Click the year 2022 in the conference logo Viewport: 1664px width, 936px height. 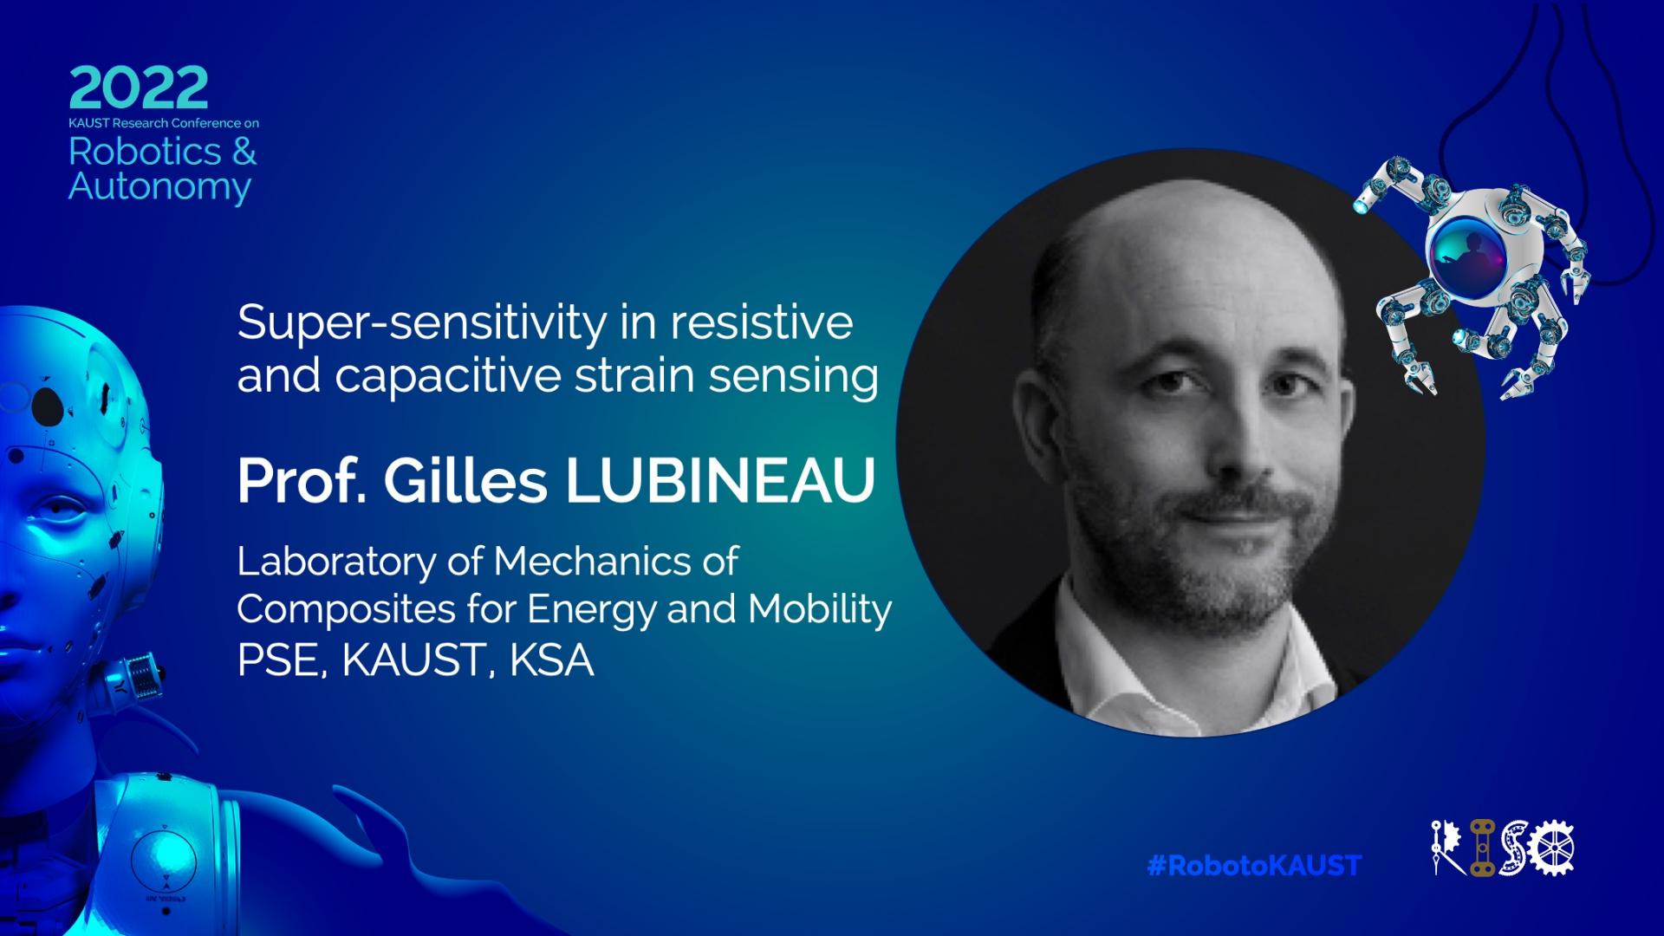click(139, 88)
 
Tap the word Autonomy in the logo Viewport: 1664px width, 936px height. click(159, 187)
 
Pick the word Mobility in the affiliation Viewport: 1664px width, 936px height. click(820, 610)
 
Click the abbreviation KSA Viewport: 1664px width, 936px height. click(552, 660)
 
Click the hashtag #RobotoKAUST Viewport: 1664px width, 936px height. click(1254, 865)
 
